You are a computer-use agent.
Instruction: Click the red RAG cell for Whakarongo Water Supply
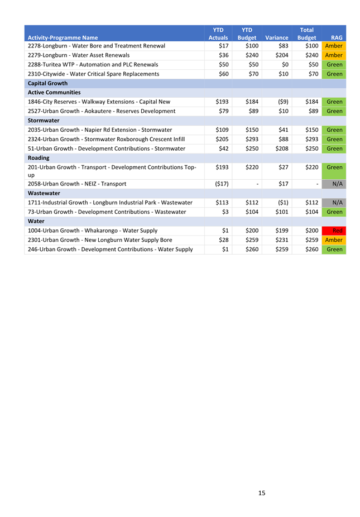(334, 231)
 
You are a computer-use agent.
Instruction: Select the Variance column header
(276, 38)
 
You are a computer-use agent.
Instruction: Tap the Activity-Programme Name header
(66, 38)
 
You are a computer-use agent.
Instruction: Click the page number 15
(262, 493)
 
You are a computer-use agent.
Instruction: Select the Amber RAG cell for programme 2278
(334, 46)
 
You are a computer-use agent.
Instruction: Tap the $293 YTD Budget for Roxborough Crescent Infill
(249, 139)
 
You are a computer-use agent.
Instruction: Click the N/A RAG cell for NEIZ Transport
(334, 184)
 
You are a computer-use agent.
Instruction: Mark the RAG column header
(337, 38)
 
